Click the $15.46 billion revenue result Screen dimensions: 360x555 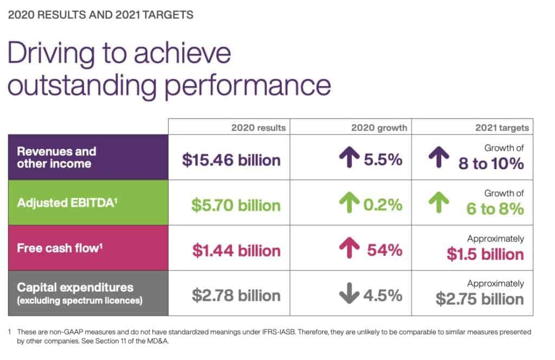(231, 160)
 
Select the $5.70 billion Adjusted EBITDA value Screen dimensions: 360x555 (236, 205)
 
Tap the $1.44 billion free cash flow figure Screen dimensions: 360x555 (236, 250)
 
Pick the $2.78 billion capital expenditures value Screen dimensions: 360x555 (236, 295)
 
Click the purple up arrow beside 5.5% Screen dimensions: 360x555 (351, 159)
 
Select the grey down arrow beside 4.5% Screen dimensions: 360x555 (350, 295)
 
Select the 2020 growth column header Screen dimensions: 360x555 (378, 128)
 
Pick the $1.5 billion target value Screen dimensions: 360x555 (485, 255)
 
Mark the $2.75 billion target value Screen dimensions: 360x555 (480, 300)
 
